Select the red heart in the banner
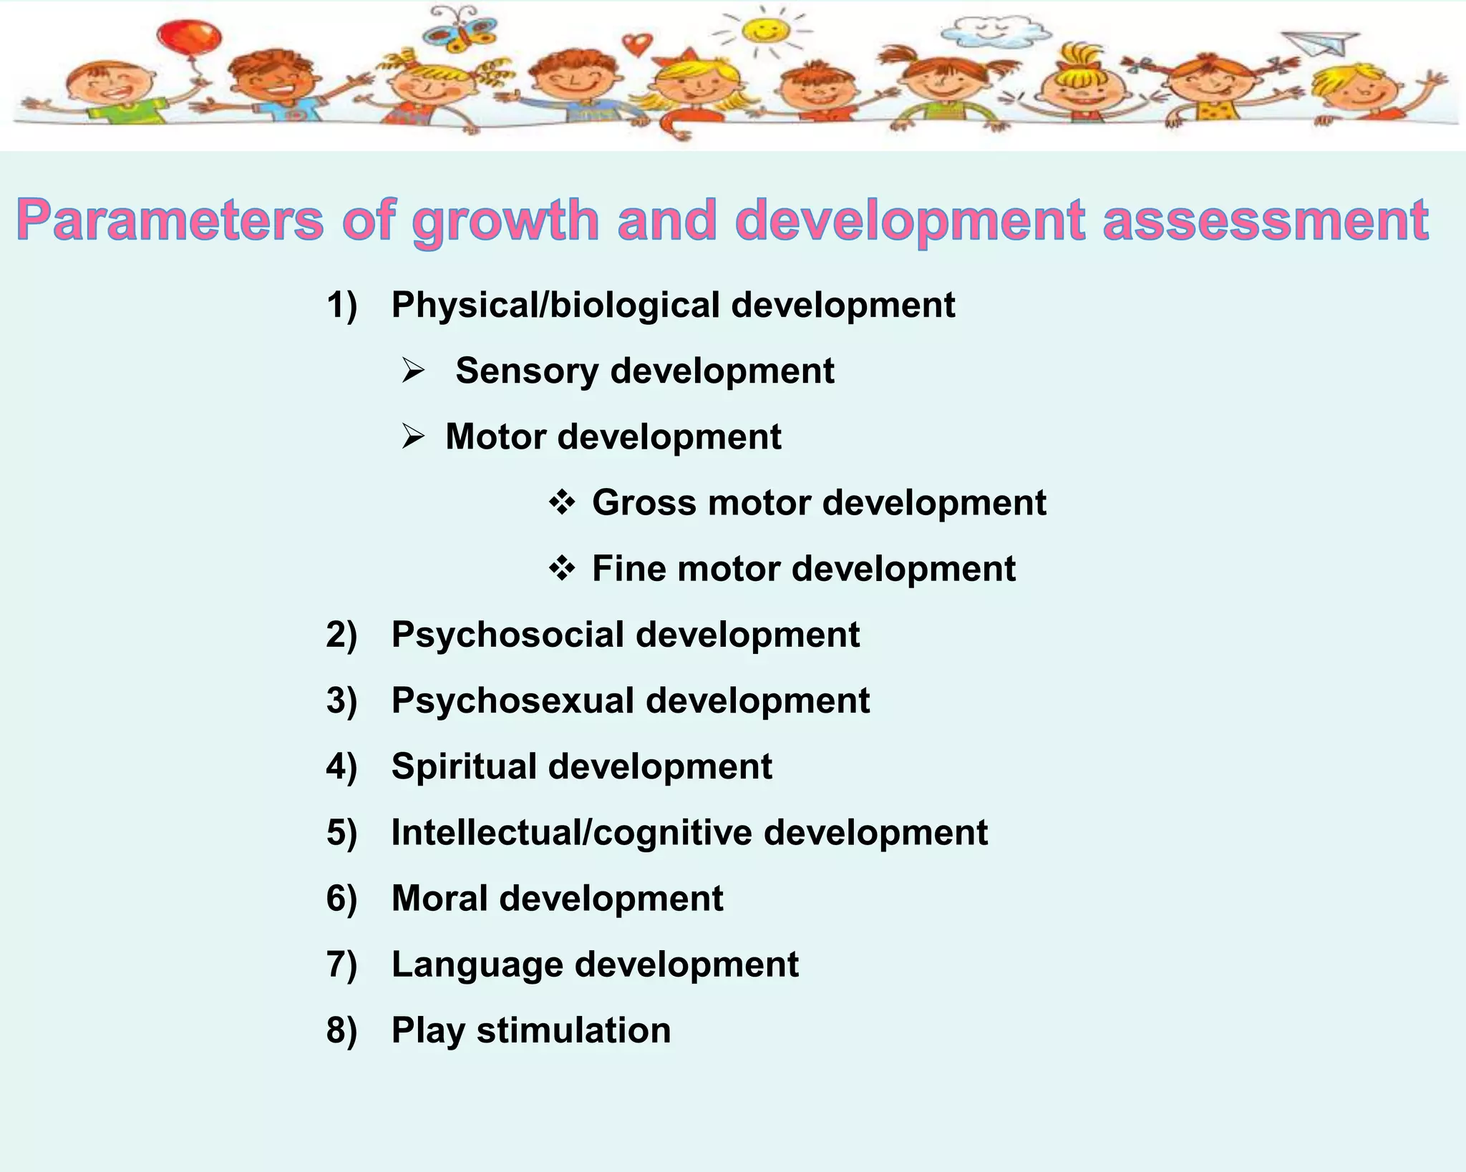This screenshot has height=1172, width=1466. point(636,44)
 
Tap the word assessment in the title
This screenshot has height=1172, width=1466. point(1266,220)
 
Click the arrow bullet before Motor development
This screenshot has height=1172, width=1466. point(413,436)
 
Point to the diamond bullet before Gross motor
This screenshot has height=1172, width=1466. point(562,502)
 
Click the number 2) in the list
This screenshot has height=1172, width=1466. point(341,635)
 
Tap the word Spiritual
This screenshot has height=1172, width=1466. point(463,766)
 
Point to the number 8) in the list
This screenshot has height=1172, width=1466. point(341,1030)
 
